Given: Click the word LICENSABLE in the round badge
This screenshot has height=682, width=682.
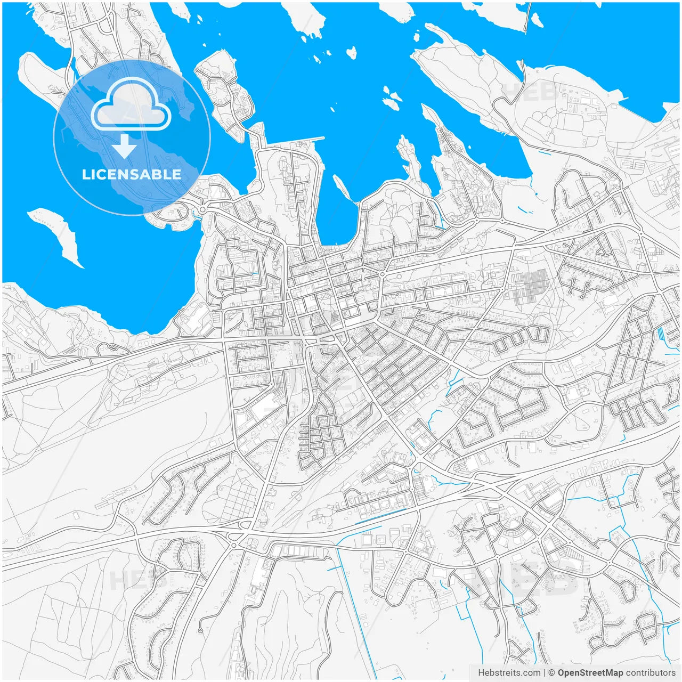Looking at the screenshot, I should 132,174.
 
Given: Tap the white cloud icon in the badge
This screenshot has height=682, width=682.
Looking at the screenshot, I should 131,105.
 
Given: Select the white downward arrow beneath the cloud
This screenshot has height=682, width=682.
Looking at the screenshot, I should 124,146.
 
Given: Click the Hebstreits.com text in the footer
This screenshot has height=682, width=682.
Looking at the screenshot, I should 509,673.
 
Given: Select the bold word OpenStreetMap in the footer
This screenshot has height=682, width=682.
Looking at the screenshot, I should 590,673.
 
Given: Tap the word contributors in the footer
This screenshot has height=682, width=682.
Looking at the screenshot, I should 651,673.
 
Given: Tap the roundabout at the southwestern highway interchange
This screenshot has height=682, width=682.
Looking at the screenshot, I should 233,545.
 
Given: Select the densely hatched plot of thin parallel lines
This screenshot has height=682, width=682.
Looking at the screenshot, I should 530,285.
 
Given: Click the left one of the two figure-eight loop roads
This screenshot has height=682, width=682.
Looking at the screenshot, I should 573,288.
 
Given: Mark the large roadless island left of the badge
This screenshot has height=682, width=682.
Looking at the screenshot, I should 43,80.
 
